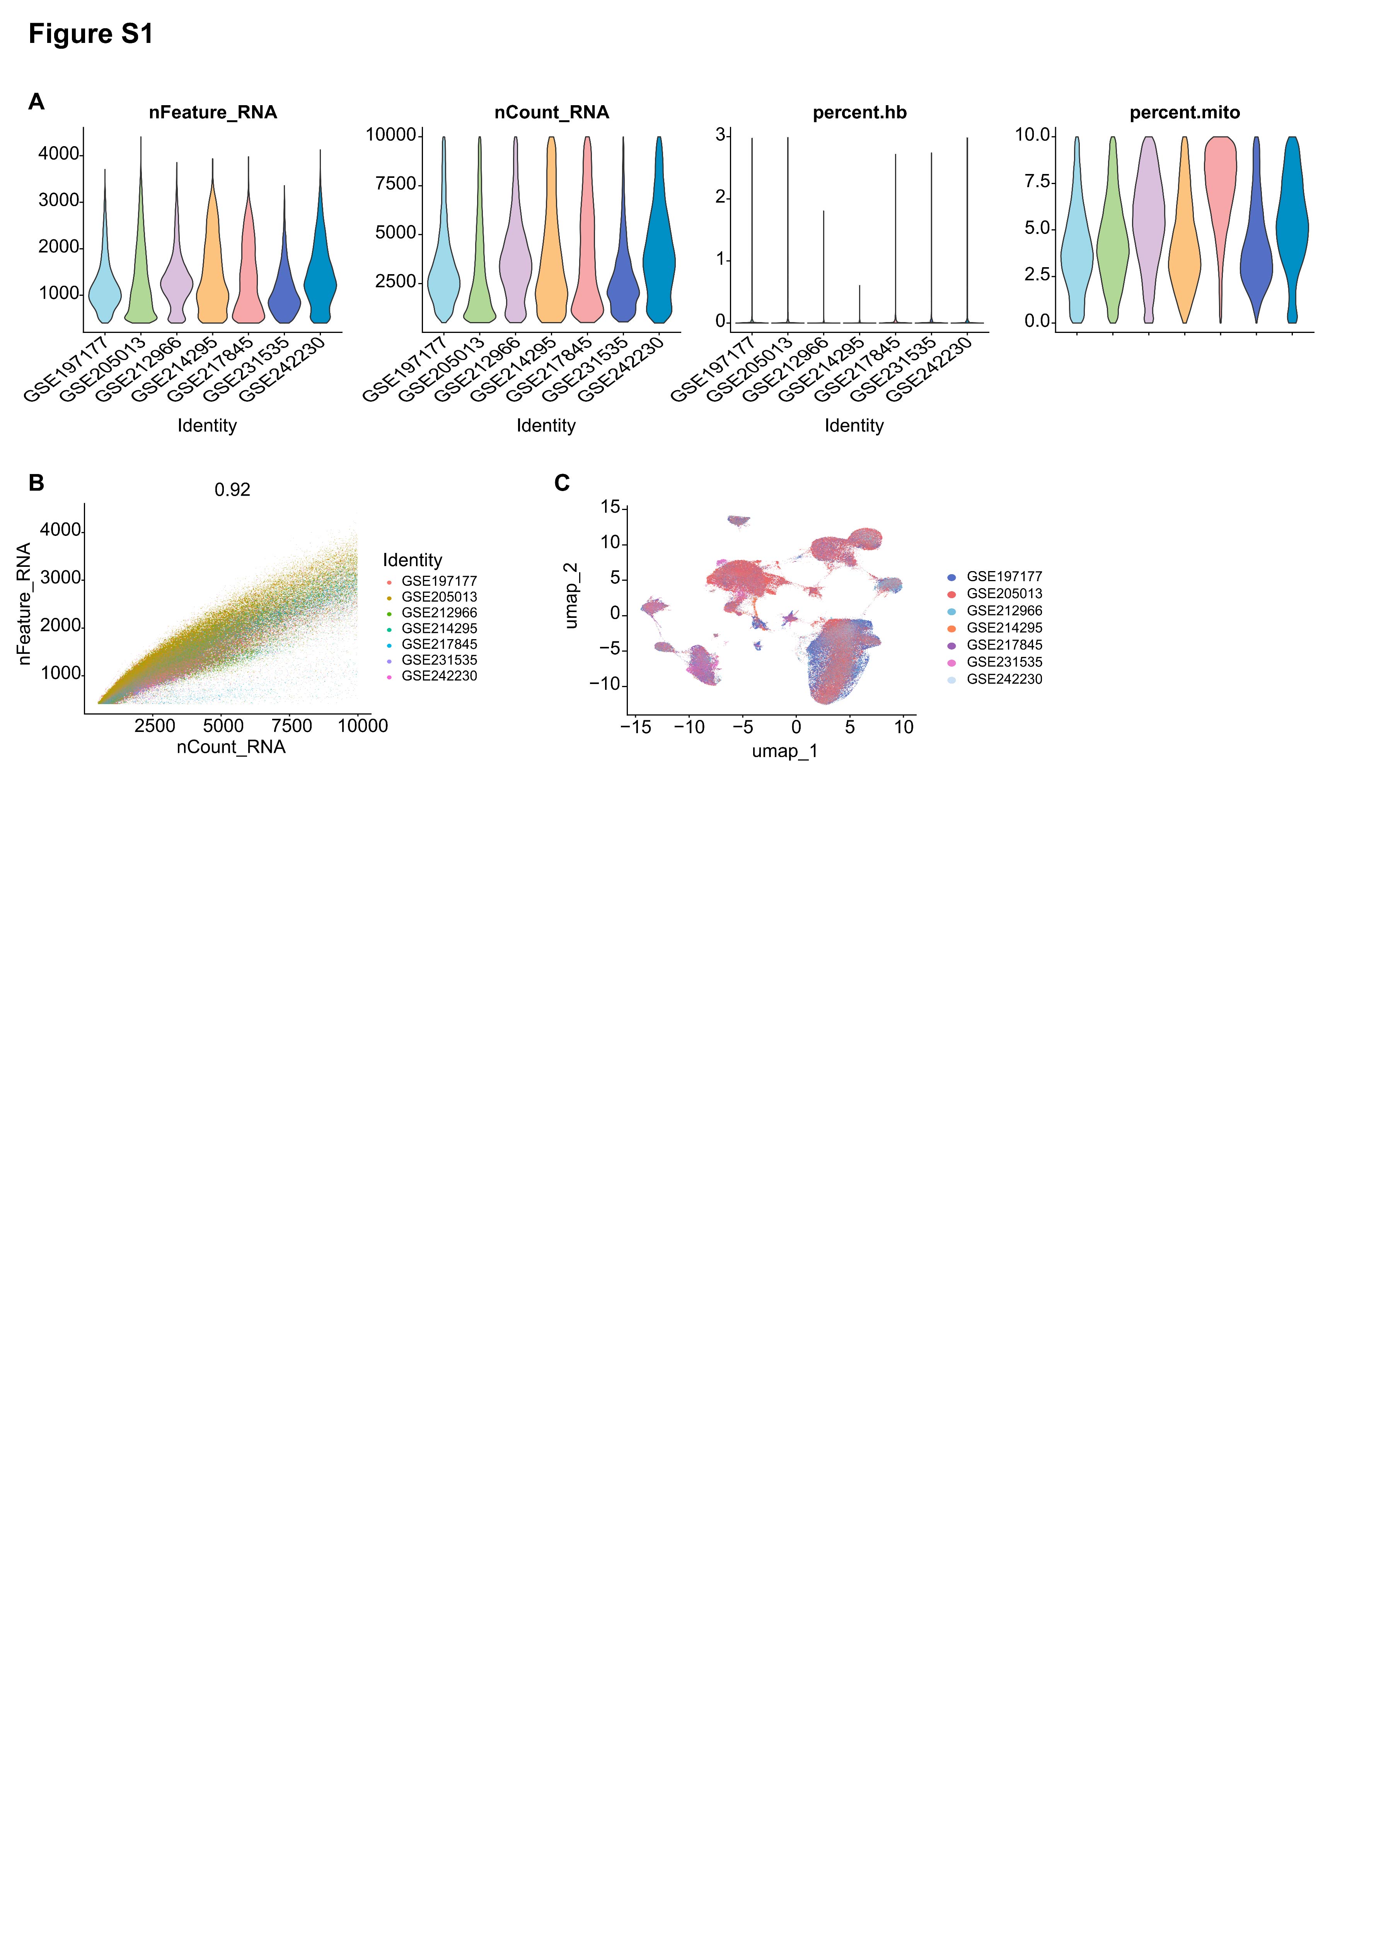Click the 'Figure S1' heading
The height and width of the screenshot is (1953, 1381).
click(x=91, y=34)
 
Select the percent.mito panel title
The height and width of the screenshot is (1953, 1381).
click(x=1185, y=112)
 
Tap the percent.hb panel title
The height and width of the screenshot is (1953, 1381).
click(x=860, y=112)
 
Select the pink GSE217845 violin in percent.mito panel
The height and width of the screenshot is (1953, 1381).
click(x=1220, y=187)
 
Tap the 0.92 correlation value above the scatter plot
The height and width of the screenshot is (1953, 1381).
click(x=232, y=490)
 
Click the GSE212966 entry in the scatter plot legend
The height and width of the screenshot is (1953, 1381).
click(x=439, y=612)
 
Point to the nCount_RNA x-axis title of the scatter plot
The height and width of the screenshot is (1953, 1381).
click(x=231, y=747)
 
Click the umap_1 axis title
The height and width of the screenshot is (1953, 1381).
click(x=784, y=751)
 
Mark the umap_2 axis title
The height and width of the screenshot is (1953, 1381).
click(x=571, y=595)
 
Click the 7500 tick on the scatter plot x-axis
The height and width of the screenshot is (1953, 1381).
click(x=292, y=726)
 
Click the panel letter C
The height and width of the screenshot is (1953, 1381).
click(x=562, y=483)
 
